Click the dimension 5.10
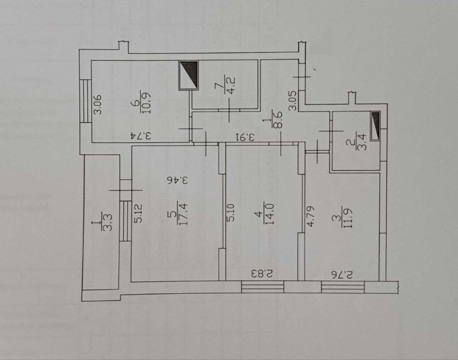point(231,213)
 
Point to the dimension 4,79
point(310,216)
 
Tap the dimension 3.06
point(97,104)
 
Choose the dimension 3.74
point(141,136)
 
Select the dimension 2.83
point(262,274)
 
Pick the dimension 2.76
point(342,275)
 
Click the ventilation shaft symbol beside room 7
point(189,75)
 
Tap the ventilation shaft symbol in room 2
point(376,126)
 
